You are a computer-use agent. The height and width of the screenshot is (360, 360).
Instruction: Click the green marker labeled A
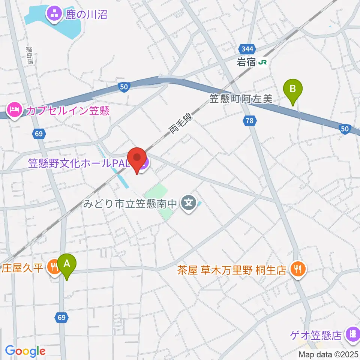tap(67, 264)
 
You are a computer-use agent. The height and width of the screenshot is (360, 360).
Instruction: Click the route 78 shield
tap(249, 120)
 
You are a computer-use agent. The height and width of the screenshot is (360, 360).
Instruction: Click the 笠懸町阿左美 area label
tap(241, 99)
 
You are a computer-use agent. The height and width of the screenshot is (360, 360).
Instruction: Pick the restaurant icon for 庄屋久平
tap(54, 267)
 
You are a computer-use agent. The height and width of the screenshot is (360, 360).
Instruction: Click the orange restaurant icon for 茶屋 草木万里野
tap(298, 268)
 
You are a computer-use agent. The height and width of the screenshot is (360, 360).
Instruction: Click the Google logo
tap(25, 351)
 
